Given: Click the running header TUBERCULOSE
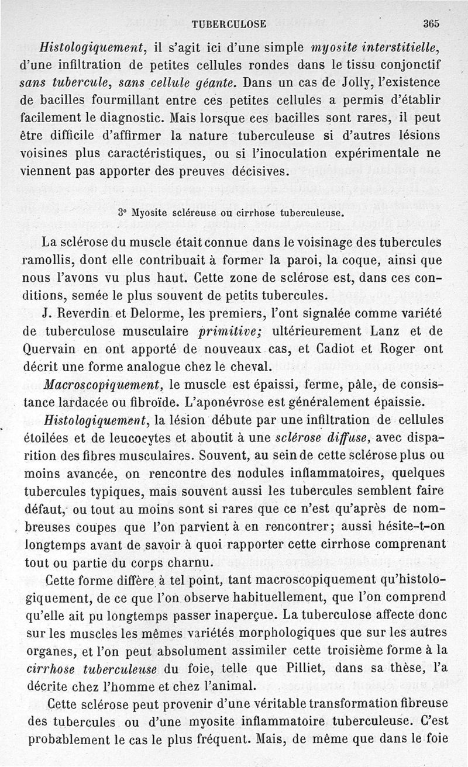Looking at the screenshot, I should [x=229, y=24].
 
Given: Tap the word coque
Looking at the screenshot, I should [x=359, y=259].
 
